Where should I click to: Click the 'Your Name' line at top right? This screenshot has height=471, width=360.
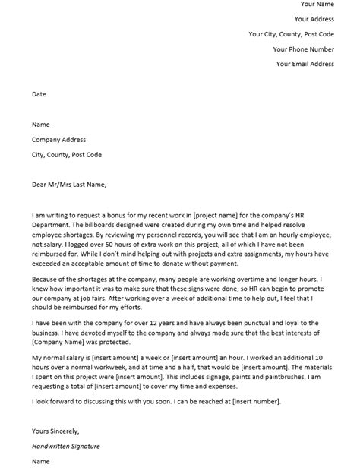[317, 5]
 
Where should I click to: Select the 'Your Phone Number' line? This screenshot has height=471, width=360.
[304, 49]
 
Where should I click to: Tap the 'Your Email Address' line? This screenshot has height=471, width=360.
[305, 64]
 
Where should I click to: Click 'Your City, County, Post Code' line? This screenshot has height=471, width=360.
[291, 34]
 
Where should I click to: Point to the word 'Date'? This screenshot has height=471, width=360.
[39, 95]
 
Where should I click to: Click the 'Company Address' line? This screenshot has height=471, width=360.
[58, 140]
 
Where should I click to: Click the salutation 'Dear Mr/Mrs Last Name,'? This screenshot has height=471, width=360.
[69, 185]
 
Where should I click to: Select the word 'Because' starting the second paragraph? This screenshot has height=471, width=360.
[45, 280]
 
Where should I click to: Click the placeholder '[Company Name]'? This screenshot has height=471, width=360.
[60, 343]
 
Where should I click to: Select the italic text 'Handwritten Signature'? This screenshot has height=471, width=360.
[66, 447]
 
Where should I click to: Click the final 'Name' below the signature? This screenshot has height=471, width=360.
[41, 461]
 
